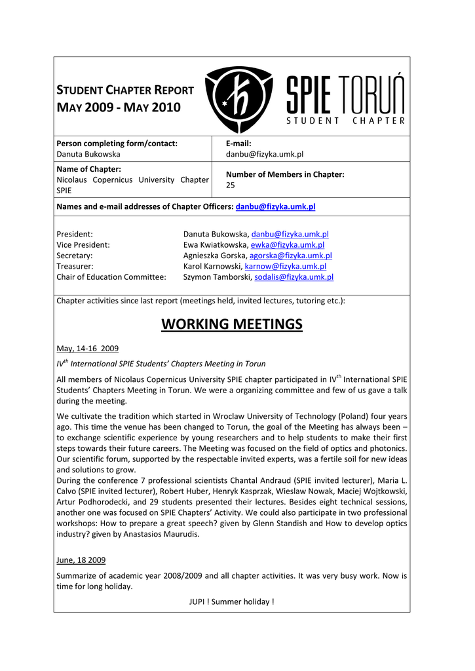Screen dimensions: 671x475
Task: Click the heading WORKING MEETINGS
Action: [x=232, y=324]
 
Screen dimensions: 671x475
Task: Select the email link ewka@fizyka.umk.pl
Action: [x=288, y=244]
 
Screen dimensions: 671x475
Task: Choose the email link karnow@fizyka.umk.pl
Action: [x=285, y=266]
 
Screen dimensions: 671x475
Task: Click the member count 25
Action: [x=231, y=185]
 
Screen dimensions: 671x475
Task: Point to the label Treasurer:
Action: [x=75, y=266]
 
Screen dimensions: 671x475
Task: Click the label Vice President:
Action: [x=83, y=244]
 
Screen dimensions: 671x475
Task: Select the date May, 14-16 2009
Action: [x=88, y=348]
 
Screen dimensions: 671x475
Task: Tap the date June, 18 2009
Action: [x=81, y=560]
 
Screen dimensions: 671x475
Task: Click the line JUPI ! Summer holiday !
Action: [x=232, y=602]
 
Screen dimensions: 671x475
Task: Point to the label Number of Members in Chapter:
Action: [x=285, y=174]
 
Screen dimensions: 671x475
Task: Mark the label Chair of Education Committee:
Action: [x=111, y=277]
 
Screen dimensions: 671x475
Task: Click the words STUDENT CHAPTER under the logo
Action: [x=347, y=121]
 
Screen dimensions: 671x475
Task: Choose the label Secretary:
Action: [x=75, y=256]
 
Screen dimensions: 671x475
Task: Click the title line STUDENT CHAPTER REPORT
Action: [x=125, y=90]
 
